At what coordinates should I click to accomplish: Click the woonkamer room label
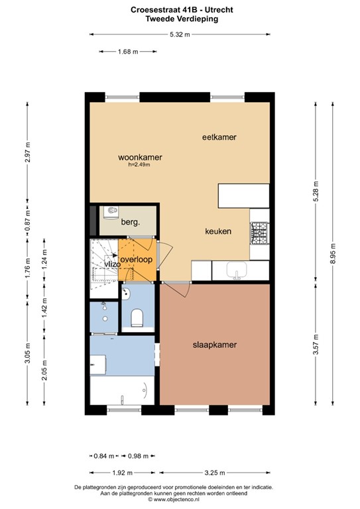(140, 157)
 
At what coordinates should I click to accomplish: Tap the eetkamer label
(219, 137)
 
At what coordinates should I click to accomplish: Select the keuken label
(217, 231)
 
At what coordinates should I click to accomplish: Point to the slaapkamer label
(215, 345)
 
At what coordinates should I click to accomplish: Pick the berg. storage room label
(130, 223)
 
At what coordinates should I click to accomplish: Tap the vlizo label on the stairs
(111, 264)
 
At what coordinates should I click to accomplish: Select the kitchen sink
(235, 270)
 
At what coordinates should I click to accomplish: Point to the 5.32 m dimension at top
(179, 34)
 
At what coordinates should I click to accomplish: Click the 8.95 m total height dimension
(332, 255)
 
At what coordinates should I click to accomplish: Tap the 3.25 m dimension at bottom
(214, 473)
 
